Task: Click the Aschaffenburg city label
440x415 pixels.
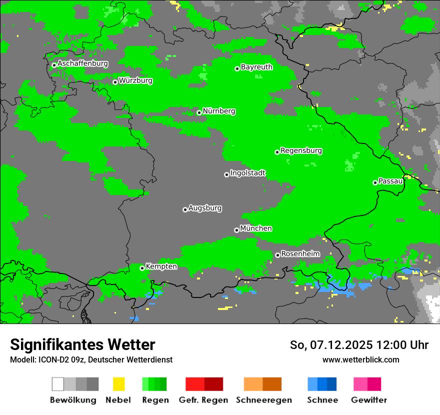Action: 82,64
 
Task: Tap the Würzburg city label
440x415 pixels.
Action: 135,80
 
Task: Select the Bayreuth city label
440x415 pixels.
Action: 256,67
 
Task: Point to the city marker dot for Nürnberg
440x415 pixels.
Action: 199,112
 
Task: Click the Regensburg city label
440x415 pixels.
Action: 301,150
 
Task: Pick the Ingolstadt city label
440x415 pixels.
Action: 247,173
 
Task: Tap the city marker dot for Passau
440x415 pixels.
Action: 375,182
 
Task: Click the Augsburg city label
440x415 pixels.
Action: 205,208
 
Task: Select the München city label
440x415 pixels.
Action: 256,228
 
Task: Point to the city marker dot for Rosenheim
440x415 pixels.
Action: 277,255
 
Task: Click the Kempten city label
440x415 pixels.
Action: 161,266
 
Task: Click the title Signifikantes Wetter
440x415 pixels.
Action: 82,345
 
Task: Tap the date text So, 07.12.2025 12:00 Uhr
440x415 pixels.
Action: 359,345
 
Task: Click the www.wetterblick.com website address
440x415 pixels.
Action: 360,360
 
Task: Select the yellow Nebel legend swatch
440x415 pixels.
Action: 118,384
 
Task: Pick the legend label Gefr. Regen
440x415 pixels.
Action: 203,400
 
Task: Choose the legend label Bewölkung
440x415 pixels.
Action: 73,400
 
